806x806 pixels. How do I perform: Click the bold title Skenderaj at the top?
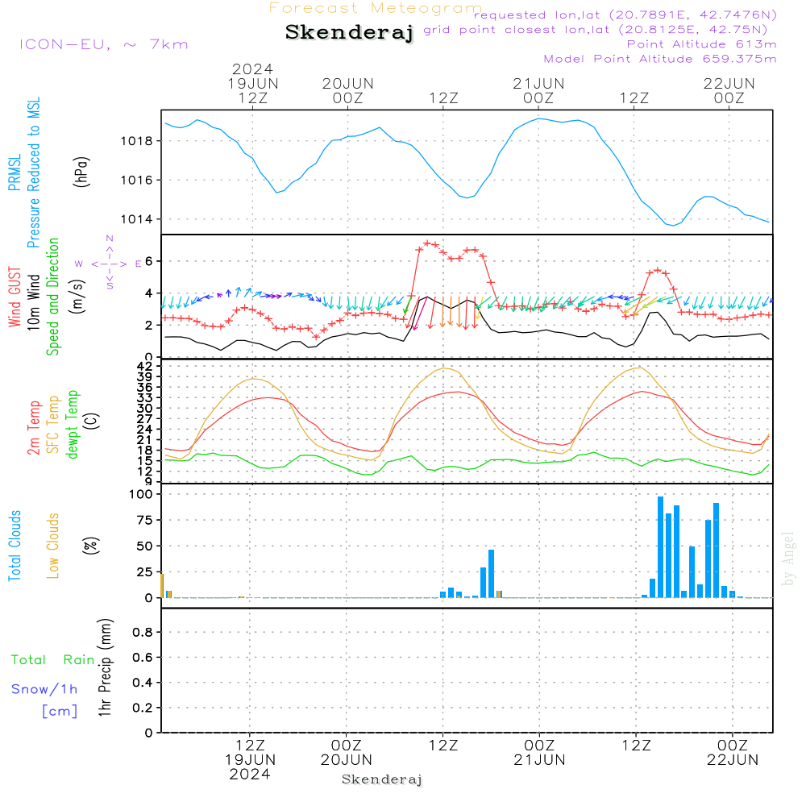coord(350,33)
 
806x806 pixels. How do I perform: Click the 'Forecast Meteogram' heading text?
coord(376,8)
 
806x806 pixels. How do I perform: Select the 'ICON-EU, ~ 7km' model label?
coord(103,44)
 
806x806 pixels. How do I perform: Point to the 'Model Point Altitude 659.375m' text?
coord(660,59)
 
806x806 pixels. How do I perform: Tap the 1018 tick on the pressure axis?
coord(138,141)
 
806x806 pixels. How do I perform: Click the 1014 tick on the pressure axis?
coord(138,219)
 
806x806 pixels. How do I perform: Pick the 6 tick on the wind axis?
coord(149,261)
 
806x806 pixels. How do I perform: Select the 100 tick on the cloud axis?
coord(142,494)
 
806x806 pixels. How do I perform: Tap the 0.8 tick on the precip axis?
coord(143,633)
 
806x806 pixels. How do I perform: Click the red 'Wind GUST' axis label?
coord(15,297)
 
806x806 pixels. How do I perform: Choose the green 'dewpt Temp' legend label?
coord(73,425)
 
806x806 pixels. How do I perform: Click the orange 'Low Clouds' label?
coord(53,545)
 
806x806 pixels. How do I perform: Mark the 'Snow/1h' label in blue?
coord(45,689)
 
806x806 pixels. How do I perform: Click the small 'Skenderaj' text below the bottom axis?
coord(382,779)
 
